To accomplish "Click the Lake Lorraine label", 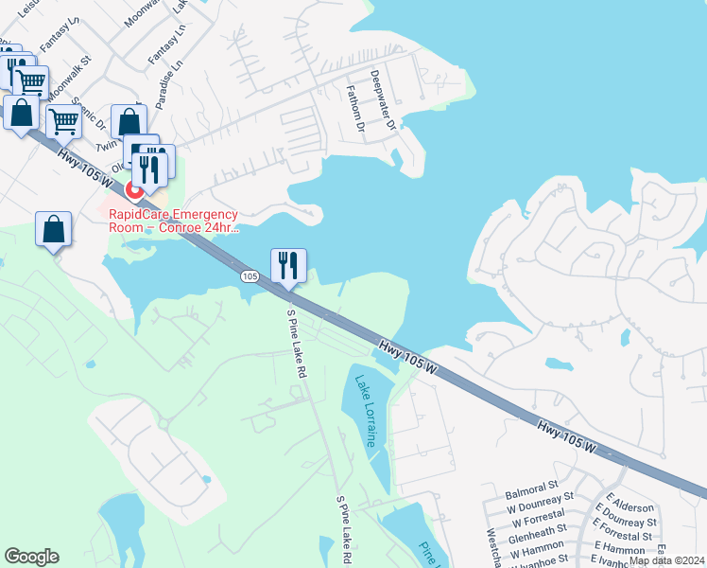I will point(367,412).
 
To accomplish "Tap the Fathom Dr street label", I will point(355,107).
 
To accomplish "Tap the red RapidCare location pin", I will point(134,188).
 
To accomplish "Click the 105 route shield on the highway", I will point(249,276).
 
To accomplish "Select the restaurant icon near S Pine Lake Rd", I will point(288,265).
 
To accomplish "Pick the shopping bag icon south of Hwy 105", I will point(54,230).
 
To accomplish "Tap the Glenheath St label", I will point(536,530).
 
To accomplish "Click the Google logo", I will point(31,556).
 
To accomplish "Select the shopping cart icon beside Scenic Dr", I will point(63,120).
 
